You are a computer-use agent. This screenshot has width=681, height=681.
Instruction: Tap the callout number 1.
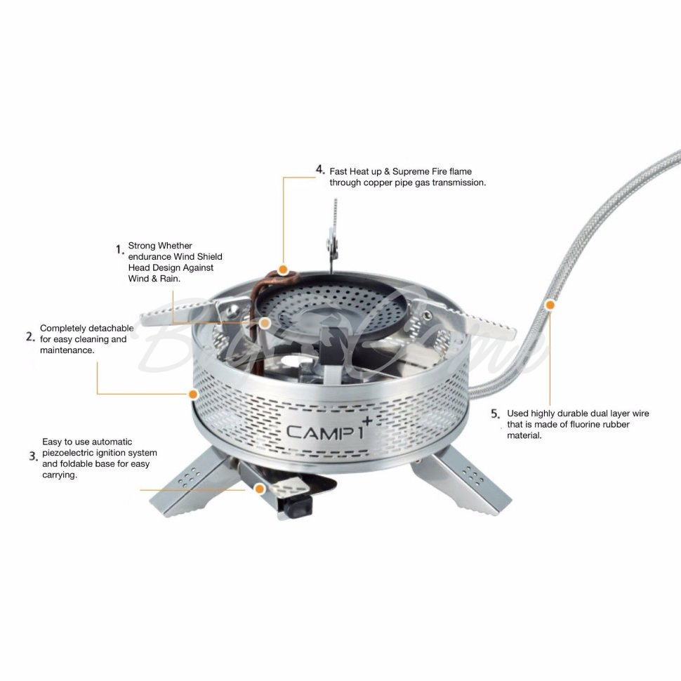pos(120,249)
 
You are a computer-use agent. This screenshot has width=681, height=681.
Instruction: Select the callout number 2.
pos(30,336)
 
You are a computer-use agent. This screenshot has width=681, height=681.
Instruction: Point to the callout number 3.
pos(34,456)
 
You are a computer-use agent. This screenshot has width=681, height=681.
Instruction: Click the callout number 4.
pos(320,169)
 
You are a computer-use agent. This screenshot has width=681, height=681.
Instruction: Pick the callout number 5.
pos(496,414)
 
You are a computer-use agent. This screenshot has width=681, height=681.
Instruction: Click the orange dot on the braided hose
pos(550,305)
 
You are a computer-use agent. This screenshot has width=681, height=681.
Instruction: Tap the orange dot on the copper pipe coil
pos(283,270)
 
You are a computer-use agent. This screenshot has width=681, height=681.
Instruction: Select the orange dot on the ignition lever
pos(260,489)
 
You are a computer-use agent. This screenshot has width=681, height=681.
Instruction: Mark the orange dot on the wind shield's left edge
pos(193,394)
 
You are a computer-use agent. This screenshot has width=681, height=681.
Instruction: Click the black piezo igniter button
pos(299,504)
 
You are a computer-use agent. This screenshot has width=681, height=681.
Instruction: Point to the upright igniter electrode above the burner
pos(333,237)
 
